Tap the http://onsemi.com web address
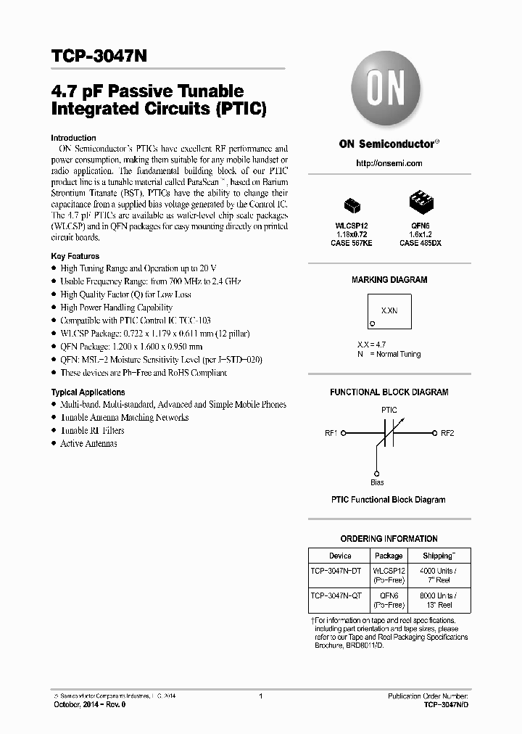pyautogui.click(x=389, y=163)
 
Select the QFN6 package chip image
pyautogui.click(x=420, y=201)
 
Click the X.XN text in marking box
pyautogui.click(x=389, y=310)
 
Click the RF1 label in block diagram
pyautogui.click(x=331, y=433)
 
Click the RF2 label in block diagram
pyautogui.click(x=447, y=433)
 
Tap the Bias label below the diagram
pyautogui.click(x=377, y=482)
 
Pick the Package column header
pyautogui.click(x=389, y=556)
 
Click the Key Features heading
pyautogui.click(x=75, y=256)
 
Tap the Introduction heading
pyautogui.click(x=73, y=138)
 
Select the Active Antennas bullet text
pyautogui.click(x=88, y=443)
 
